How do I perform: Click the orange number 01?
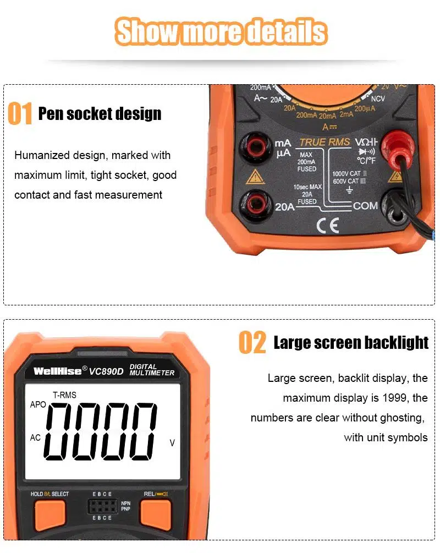click(20, 113)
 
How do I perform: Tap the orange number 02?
click(252, 342)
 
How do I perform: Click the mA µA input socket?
click(255, 147)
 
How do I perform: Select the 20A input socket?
click(255, 204)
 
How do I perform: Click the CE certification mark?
click(328, 226)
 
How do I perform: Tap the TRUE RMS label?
click(324, 142)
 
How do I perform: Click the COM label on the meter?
click(365, 206)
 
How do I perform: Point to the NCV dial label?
click(378, 98)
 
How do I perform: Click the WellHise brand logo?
click(57, 371)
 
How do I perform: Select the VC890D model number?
click(106, 371)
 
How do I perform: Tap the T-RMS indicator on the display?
click(64, 395)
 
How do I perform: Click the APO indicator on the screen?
click(38, 404)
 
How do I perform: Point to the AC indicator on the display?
click(35, 437)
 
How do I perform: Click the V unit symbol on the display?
click(172, 443)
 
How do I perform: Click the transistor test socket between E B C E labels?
click(102, 506)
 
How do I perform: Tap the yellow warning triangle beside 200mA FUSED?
click(255, 177)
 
